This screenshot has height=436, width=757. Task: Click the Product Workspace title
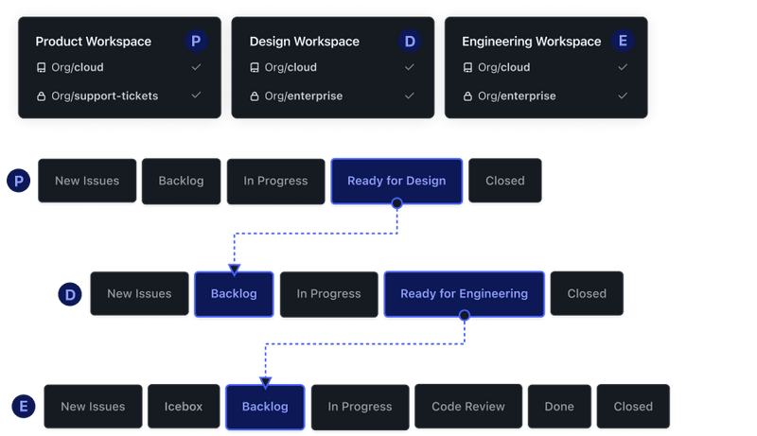93,42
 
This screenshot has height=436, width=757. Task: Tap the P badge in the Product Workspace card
196,41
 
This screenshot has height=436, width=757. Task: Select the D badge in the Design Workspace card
409,41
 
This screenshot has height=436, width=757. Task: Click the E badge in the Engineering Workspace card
622,41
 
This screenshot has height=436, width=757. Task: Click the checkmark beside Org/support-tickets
196,96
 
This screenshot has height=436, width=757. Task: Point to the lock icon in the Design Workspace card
255,96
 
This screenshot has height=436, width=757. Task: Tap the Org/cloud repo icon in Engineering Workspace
467,68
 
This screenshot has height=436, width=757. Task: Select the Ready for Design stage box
396,181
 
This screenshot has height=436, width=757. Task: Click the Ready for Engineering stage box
464,293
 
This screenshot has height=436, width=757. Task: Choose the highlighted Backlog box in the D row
234,293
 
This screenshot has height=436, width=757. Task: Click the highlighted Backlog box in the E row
265,407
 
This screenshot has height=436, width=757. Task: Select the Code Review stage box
467,407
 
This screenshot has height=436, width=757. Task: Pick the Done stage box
558,407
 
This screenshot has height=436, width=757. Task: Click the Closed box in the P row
504,181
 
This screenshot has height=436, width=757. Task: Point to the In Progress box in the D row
328,293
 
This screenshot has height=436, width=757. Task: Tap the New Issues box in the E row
93,407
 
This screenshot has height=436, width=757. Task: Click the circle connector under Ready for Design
396,203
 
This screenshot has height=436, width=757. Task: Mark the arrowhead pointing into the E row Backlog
265,382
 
